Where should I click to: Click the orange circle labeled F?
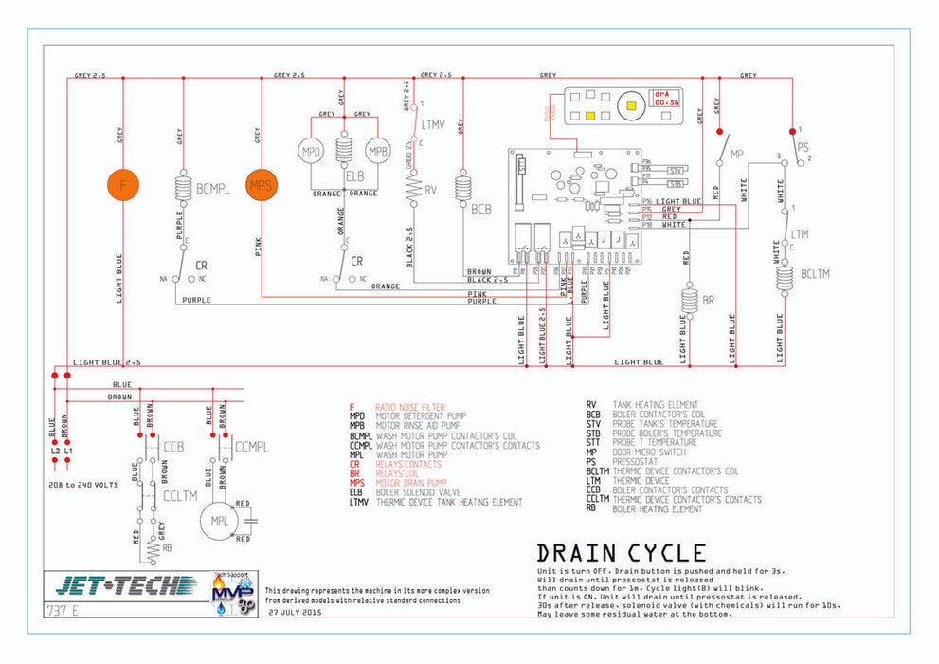click(122, 184)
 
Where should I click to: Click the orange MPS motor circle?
click(261, 184)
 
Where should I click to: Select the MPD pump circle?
click(312, 153)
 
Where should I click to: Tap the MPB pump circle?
click(378, 153)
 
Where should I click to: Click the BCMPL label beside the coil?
click(213, 189)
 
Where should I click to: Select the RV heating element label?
click(431, 190)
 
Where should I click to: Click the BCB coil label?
click(481, 209)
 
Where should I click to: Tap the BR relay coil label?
click(709, 301)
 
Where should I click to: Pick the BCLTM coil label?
click(815, 274)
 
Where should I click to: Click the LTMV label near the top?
click(433, 124)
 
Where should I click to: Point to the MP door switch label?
click(737, 153)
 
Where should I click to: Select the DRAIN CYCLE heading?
click(621, 553)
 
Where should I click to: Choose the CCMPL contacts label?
click(250, 446)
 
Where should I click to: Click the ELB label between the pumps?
click(354, 175)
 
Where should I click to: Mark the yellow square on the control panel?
click(589, 116)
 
